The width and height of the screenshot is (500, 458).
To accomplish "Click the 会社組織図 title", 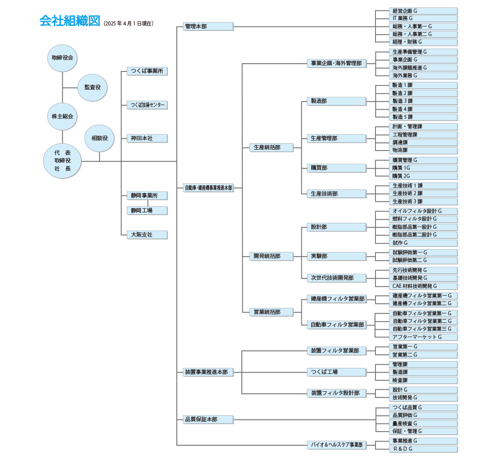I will [x=69, y=21].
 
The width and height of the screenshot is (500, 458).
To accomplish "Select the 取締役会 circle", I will [x=62, y=58].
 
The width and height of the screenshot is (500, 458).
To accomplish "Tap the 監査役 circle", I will [x=93, y=87].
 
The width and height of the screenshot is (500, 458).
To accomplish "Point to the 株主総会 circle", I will [x=62, y=116].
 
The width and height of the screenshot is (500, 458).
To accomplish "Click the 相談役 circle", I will [x=100, y=138].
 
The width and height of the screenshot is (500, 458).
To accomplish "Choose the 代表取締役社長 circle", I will [x=62, y=161].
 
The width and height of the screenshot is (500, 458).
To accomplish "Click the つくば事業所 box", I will [x=147, y=71].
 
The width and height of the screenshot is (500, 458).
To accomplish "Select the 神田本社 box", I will [x=147, y=138].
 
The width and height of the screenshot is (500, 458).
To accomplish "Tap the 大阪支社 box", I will [x=147, y=235].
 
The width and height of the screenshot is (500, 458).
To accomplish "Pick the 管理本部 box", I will [x=208, y=26].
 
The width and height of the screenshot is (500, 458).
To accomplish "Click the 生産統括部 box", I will [x=271, y=147].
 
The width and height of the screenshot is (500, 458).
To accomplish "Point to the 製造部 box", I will [x=336, y=101].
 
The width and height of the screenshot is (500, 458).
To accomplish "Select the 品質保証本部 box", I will [x=208, y=419].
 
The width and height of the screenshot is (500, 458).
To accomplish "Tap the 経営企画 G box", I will [x=423, y=10].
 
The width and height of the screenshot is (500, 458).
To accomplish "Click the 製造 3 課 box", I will [x=423, y=101].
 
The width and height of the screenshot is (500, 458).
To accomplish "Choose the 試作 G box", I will [x=423, y=243].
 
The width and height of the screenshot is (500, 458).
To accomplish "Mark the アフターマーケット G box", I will [x=423, y=337].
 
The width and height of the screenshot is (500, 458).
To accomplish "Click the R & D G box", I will [x=423, y=449].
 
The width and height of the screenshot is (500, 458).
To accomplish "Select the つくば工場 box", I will [x=336, y=372].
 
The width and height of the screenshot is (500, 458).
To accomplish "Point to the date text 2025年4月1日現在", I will [x=129, y=23].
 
